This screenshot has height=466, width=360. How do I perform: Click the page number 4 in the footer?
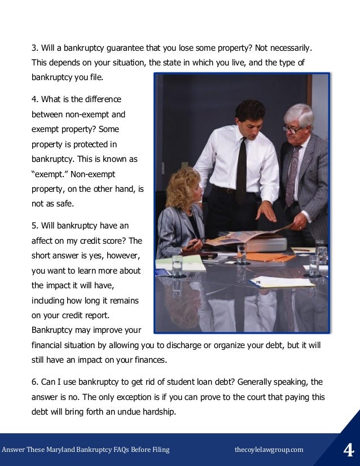tap(348, 450)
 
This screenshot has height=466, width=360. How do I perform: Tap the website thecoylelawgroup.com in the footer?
tap(269, 450)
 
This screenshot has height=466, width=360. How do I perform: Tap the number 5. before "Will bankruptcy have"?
tap(34, 226)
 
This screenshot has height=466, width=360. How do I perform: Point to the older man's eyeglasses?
tap(292, 129)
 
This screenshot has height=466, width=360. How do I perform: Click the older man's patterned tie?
tap(292, 175)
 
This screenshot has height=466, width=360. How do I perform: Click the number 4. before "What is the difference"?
tap(34, 99)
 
